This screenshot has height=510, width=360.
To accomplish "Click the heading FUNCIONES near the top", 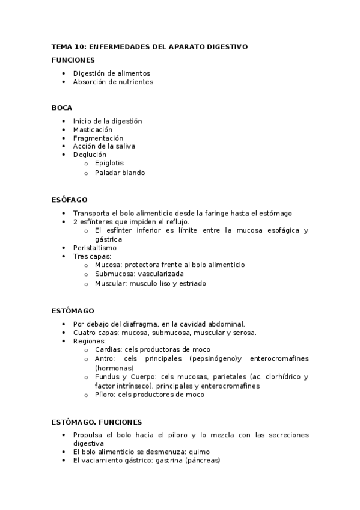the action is (73, 60).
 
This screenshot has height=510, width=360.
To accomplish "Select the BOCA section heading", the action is (62, 108).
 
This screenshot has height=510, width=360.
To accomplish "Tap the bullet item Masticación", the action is (93, 129).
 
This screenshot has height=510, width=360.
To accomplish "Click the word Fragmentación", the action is (99, 138).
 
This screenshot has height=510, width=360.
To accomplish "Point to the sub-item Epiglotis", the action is (109, 163).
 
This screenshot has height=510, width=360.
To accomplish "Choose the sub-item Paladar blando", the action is (120, 173).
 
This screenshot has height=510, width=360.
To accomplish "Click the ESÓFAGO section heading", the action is (70, 199).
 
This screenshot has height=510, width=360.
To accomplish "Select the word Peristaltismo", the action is (95, 247).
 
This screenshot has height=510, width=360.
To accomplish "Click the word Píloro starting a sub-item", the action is (105, 395).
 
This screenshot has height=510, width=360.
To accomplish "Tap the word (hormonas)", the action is (114, 367).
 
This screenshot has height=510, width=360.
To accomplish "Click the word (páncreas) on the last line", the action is (203, 461).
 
